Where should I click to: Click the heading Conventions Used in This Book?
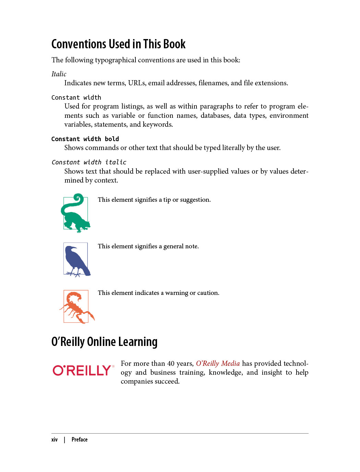118,44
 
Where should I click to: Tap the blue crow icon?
76,259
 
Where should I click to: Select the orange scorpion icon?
76,307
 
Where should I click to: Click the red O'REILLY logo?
83,370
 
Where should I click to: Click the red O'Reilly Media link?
218,363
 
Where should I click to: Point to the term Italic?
59,74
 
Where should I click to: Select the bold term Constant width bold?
85,139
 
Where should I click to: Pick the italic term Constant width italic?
89,162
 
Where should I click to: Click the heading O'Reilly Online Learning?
104,342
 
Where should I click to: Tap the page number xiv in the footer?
55,439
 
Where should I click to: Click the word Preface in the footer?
80,439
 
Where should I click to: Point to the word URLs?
136,83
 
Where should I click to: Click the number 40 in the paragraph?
171,363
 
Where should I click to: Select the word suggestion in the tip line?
195,200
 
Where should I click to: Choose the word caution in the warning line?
207,293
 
